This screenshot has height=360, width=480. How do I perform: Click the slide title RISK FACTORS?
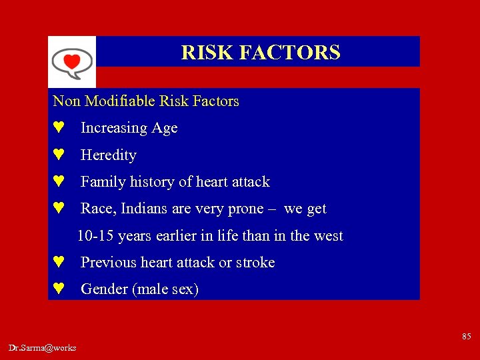coord(261,52)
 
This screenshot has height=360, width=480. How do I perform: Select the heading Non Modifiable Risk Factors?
coord(145,101)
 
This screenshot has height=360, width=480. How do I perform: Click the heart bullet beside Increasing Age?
coord(59,127)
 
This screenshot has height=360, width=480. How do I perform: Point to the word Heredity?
coord(108,155)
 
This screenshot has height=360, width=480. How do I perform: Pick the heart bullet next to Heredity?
coord(59,155)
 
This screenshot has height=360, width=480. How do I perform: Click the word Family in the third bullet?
coord(99,182)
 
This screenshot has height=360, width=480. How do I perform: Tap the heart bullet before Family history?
coord(59,181)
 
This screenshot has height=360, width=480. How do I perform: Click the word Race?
coord(97,209)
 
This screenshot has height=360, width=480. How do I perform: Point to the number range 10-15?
coord(94,236)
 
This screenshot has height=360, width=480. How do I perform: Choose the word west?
coord(327,236)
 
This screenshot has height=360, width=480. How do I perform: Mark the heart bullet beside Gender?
coord(59,289)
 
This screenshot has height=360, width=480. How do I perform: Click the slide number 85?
coord(467,336)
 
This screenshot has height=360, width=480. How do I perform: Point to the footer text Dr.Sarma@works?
coord(43,347)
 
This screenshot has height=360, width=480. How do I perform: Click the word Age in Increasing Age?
coord(164,128)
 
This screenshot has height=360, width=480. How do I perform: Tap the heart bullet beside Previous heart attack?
coord(59,262)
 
